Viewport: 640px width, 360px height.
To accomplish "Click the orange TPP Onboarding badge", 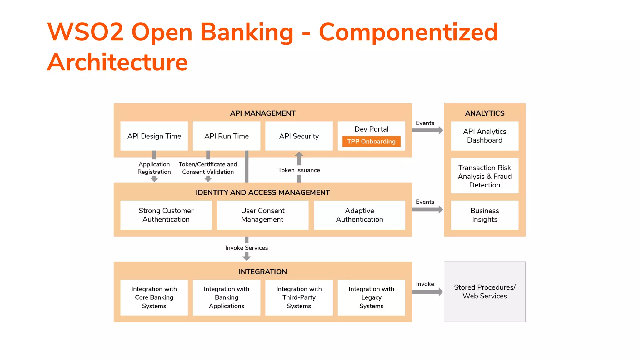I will click(371, 141).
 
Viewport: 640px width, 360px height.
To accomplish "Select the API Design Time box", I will click(154, 136).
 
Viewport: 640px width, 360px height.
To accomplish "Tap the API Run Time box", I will click(227, 136).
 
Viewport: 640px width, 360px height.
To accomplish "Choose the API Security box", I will click(299, 136).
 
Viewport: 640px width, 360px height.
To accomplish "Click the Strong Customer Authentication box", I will click(166, 215).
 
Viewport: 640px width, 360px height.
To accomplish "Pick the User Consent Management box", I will click(262, 215).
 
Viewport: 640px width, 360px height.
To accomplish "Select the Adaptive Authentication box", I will click(359, 215).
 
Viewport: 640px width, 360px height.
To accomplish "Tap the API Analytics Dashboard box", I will click(485, 136).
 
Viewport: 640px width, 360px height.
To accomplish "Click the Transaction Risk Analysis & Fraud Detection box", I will click(485, 176).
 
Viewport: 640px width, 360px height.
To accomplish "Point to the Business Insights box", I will click(485, 215).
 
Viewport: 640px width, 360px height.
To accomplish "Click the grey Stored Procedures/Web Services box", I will click(485, 292).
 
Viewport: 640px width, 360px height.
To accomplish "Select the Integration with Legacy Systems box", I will click(371, 297).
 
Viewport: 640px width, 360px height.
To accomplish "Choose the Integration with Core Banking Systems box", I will click(154, 297).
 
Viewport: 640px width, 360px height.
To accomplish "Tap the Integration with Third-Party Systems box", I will click(299, 297).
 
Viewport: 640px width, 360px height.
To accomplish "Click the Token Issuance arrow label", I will click(299, 170).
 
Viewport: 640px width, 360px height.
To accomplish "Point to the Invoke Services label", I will click(247, 248).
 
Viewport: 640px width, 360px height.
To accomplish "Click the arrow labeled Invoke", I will click(427, 292).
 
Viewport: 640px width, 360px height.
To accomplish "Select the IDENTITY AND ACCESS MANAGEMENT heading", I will click(262, 192).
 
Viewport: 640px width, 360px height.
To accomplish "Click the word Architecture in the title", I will click(117, 62).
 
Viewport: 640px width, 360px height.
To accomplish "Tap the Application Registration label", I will click(154, 168).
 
